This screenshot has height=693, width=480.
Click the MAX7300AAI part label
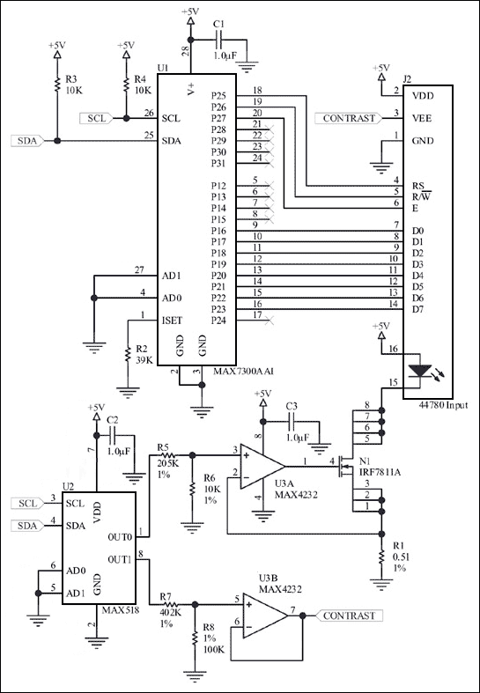244,372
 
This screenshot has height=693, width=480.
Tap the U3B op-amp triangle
270,615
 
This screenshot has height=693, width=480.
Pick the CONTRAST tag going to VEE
351,118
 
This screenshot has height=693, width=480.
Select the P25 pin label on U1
219,95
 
